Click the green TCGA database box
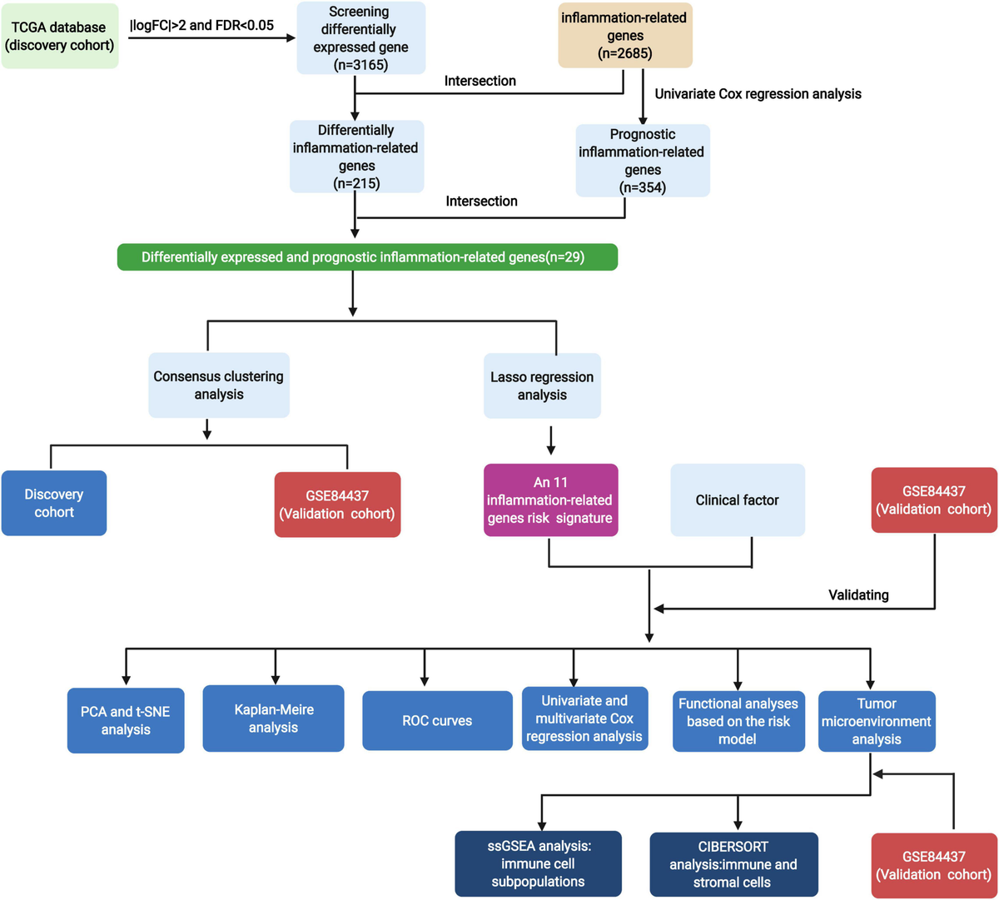tap(59, 37)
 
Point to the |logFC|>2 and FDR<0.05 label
tap(201, 25)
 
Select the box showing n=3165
tap(361, 38)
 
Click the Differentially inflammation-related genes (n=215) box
tap(356, 157)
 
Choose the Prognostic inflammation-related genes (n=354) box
tap(642, 161)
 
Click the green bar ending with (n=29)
tap(367, 257)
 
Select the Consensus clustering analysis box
tap(219, 385)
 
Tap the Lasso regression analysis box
tap(542, 385)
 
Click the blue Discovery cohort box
tap(54, 503)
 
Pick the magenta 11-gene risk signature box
tap(550, 500)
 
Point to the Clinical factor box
tap(738, 500)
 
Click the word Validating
tap(858, 594)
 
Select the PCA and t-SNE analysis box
tap(126, 721)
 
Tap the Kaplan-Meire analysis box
tap(273, 718)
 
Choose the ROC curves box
tap(437, 720)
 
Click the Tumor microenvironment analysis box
tap(877, 721)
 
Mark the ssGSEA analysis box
tap(539, 863)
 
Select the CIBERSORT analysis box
tap(733, 864)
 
